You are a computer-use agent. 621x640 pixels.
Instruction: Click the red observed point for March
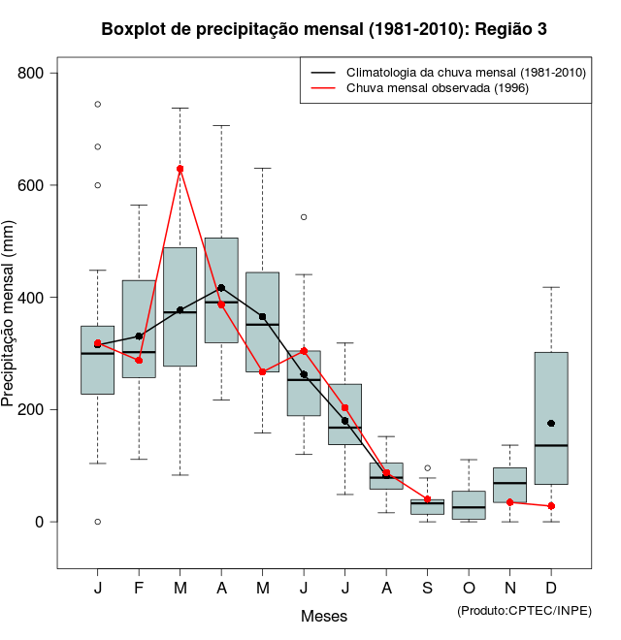tap(180, 169)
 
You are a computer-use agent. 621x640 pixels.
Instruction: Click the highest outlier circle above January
tap(97, 104)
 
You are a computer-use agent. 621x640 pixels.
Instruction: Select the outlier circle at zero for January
tap(97, 522)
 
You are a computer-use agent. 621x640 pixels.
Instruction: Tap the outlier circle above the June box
tap(304, 217)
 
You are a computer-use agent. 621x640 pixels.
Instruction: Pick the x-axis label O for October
tap(469, 590)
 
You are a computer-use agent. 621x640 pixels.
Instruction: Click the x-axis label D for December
tap(551, 590)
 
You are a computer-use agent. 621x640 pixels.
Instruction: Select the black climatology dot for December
tap(551, 423)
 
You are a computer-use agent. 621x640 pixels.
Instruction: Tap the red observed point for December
tap(551, 506)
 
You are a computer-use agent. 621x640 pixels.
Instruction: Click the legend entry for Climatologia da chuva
tap(466, 72)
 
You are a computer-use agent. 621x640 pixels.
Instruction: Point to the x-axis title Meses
tap(324, 616)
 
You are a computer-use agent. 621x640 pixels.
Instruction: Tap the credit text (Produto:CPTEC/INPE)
tap(524, 610)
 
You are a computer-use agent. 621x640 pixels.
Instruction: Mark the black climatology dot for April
tap(221, 288)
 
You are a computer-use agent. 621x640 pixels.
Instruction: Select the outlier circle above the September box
tap(427, 468)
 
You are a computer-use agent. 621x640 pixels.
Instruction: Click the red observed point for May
tap(263, 371)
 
